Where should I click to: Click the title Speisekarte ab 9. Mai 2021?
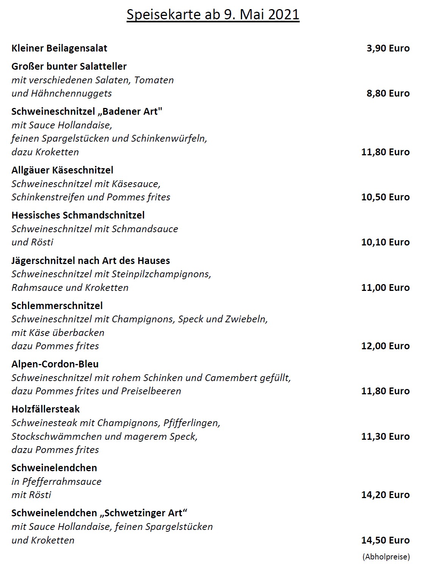coord(213,14)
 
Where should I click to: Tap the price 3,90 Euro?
coord(388,48)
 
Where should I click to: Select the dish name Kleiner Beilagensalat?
coord(59,48)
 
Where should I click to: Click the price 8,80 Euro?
coord(388,93)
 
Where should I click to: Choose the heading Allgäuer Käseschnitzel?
coord(62,170)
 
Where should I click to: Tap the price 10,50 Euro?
coord(385,197)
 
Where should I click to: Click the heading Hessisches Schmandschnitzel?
coord(78,215)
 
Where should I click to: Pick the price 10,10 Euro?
coord(385,242)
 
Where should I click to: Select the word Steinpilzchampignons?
coord(161,274)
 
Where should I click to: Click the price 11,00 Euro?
coord(385,287)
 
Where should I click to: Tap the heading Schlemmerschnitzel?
coord(57,306)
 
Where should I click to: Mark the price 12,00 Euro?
coord(385,346)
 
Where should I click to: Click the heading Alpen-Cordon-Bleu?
coord(55,364)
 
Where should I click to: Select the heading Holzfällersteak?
coord(45,409)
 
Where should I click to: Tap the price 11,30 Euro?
coord(385,436)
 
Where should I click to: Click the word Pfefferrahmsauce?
coord(62,481)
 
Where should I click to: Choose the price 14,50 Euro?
coord(385,540)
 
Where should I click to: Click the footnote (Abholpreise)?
coord(386,556)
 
